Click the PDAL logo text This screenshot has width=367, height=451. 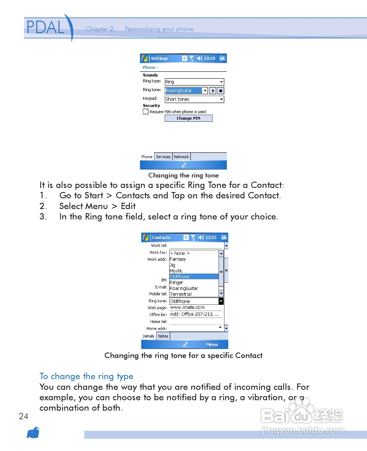[45, 27]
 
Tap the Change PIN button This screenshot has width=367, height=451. [188, 118]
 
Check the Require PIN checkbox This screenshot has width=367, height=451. [146, 112]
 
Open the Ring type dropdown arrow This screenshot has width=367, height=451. [221, 82]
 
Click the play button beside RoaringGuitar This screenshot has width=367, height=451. [212, 91]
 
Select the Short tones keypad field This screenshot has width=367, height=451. [194, 99]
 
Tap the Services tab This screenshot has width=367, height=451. [163, 157]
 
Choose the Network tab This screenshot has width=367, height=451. [181, 157]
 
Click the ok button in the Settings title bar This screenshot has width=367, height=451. [222, 58]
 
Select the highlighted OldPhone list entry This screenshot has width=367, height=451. [194, 277]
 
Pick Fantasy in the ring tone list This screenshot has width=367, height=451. [178, 259]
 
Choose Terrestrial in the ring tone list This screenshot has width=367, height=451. [181, 294]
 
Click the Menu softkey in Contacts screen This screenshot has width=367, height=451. [212, 345]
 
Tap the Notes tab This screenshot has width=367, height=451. [163, 336]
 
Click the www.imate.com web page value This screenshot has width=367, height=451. [187, 308]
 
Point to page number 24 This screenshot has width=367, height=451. [24, 416]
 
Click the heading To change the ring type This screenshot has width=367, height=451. [86, 376]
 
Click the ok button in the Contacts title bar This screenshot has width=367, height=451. [224, 238]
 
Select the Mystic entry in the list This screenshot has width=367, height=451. [176, 271]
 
